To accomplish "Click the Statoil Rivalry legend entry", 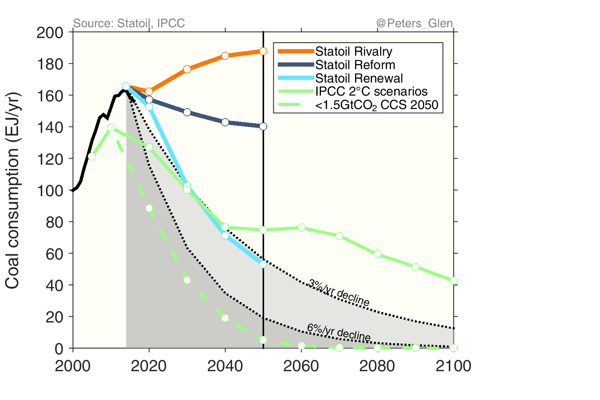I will (353, 51).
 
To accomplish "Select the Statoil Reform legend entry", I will (355, 65).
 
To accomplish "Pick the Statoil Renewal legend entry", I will (359, 78).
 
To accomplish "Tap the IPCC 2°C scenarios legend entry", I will (371, 91).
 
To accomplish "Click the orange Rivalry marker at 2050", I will (263, 51).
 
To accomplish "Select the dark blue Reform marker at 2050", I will (263, 126).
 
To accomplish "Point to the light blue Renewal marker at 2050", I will (263, 264).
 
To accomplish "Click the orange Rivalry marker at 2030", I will (187, 69).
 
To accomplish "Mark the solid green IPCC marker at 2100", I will (453, 281).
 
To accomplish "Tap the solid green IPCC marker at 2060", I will (301, 228).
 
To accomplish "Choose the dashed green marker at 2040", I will (225, 318).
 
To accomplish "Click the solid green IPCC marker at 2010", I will (111, 127).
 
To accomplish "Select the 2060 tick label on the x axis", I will (301, 366).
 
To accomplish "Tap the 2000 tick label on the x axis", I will (73, 366).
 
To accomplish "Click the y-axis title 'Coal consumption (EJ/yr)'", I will (12, 190).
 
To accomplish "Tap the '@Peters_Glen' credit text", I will (415, 23).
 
